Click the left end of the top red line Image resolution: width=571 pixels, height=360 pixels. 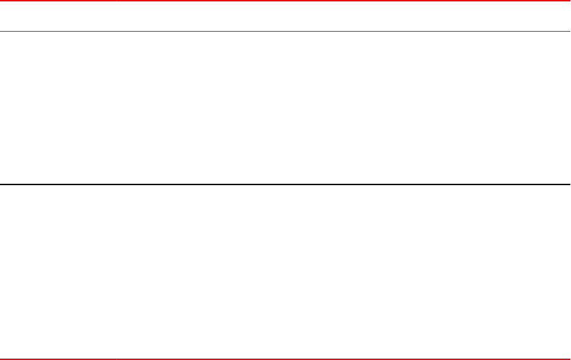1,1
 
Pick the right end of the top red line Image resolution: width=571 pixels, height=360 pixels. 569,1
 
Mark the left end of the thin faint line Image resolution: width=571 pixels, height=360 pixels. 1,31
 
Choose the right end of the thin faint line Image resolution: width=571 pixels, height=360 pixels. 569,31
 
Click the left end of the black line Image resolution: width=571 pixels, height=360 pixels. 1,184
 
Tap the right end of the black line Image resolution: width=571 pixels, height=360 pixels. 569,184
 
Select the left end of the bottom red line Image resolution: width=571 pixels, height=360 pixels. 1,359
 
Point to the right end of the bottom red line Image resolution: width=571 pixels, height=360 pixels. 569,359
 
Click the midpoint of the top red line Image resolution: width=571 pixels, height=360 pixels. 285,1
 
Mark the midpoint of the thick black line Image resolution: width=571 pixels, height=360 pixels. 285,184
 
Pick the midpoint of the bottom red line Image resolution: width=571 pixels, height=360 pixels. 285,359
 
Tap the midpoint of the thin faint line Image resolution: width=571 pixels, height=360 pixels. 285,31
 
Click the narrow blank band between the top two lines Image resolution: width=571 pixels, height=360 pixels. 285,16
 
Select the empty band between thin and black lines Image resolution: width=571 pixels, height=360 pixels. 285,107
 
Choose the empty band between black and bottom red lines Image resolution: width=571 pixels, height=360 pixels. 285,272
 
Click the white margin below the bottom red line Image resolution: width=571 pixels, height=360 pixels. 285,359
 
